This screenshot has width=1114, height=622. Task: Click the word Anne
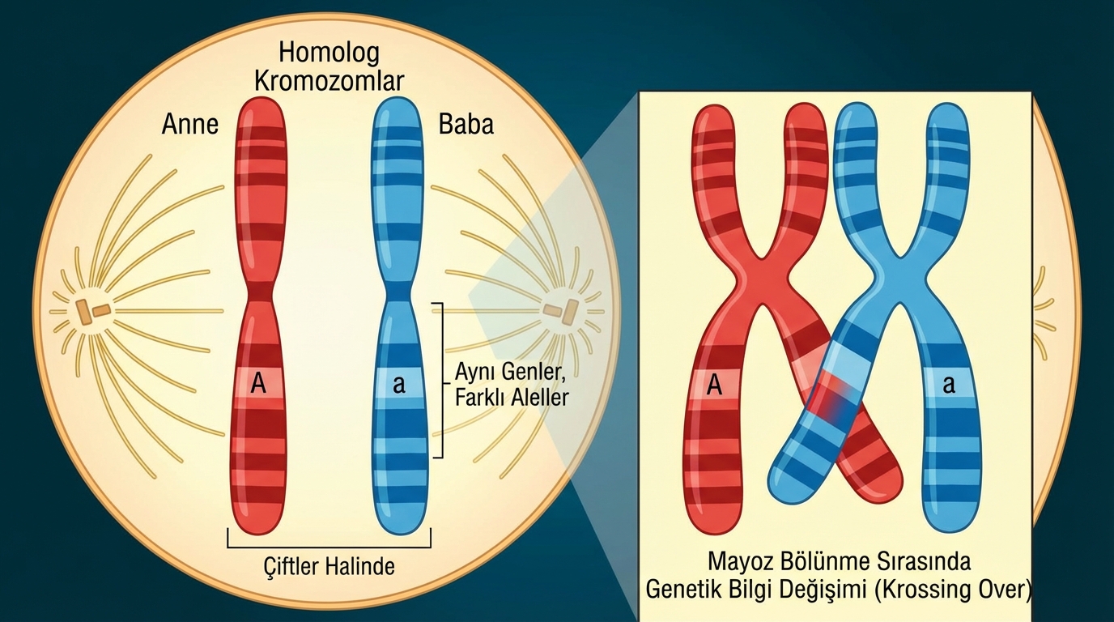[190, 124]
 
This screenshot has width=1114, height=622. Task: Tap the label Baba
[466, 124]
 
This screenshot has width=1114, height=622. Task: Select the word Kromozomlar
[329, 81]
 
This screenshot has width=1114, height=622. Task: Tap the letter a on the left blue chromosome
[398, 385]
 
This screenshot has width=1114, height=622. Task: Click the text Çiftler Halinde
[330, 565]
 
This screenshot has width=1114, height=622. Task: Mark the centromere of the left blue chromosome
[398, 292]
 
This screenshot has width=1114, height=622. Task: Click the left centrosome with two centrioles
[91, 309]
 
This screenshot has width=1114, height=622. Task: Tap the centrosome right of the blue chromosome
[559, 309]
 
